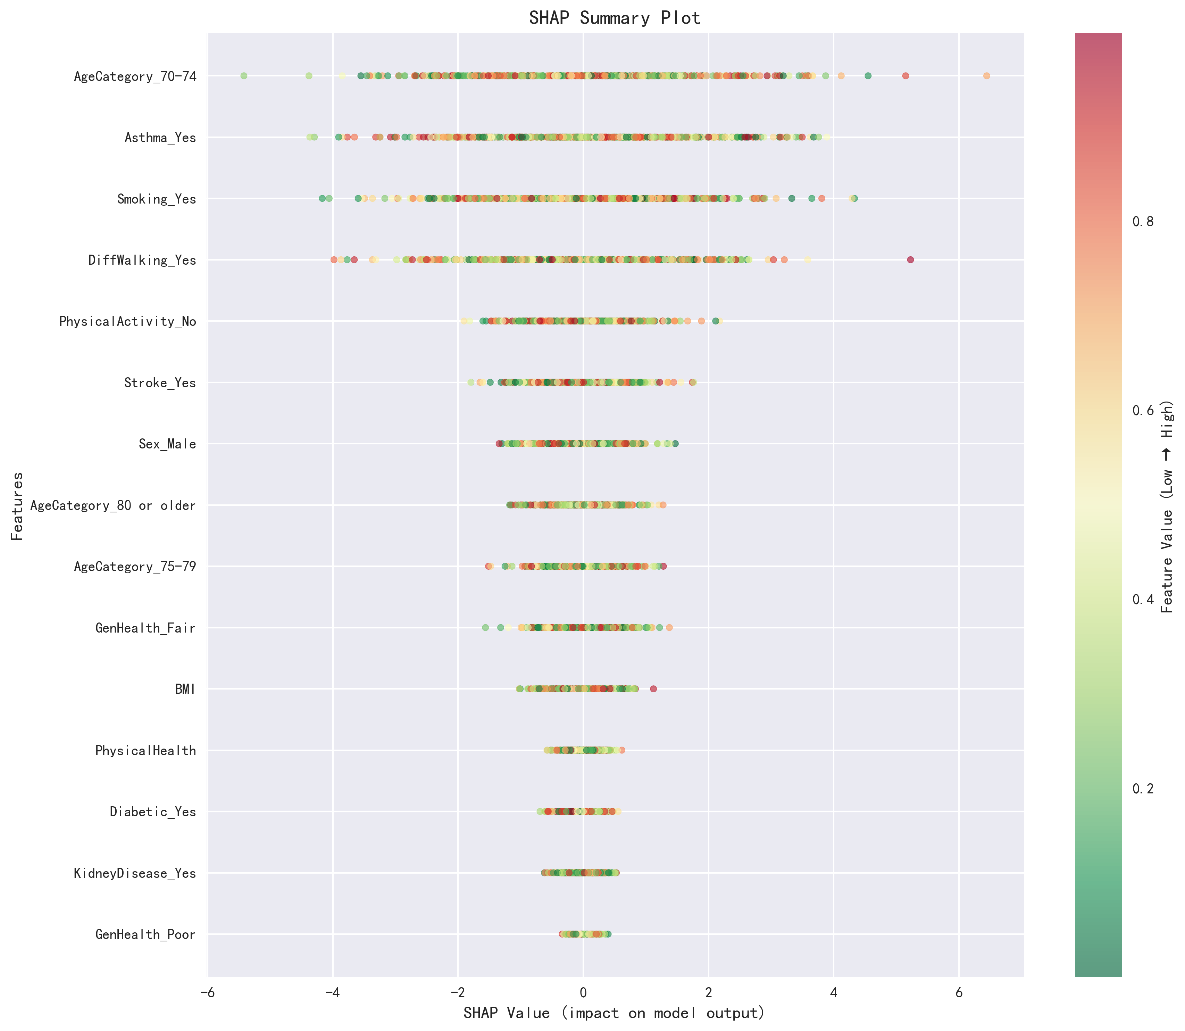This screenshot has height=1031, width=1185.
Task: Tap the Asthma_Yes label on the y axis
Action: pos(160,138)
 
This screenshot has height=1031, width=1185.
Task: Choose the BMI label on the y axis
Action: pos(185,689)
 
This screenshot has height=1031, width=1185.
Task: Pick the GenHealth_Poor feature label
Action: pos(145,934)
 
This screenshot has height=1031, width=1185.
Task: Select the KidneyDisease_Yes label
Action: pos(135,873)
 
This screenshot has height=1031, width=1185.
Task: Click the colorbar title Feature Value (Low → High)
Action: pos(1167,506)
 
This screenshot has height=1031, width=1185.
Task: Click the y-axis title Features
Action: pos(17,506)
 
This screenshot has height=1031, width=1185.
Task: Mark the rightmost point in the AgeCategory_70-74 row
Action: pos(987,76)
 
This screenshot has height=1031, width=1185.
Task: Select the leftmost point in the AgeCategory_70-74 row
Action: pos(244,76)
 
